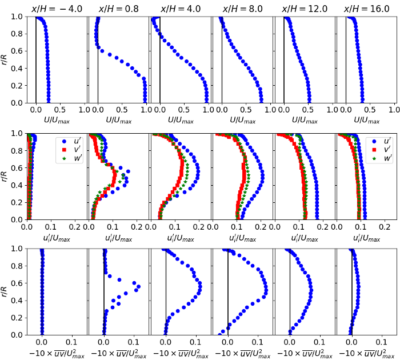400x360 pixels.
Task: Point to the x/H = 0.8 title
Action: click(118, 9)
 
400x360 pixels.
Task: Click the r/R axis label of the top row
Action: click(5, 59)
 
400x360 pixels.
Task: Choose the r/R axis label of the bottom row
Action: click(5, 291)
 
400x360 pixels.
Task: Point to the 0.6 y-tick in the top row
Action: click(19, 51)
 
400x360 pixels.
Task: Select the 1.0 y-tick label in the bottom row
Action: click(19, 249)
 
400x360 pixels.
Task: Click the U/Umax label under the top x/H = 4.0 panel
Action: click(180, 121)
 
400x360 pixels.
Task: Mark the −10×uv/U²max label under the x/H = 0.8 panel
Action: click(118, 354)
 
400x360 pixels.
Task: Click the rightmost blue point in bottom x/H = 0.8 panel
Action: click(138, 286)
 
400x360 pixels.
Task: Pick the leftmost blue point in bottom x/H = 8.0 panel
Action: click(222, 331)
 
